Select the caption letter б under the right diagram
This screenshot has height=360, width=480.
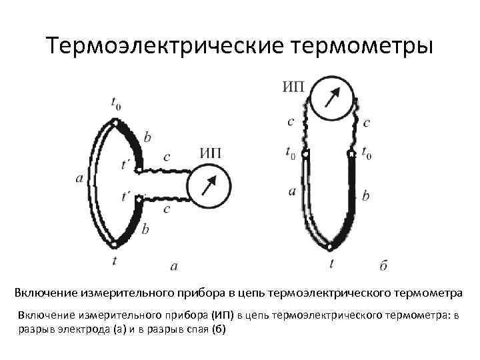tap(383, 265)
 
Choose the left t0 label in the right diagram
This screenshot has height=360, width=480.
tap(290, 152)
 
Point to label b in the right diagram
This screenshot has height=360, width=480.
tap(365, 196)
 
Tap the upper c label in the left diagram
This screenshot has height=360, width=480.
tap(166, 158)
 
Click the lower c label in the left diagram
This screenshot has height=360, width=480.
tap(166, 209)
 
